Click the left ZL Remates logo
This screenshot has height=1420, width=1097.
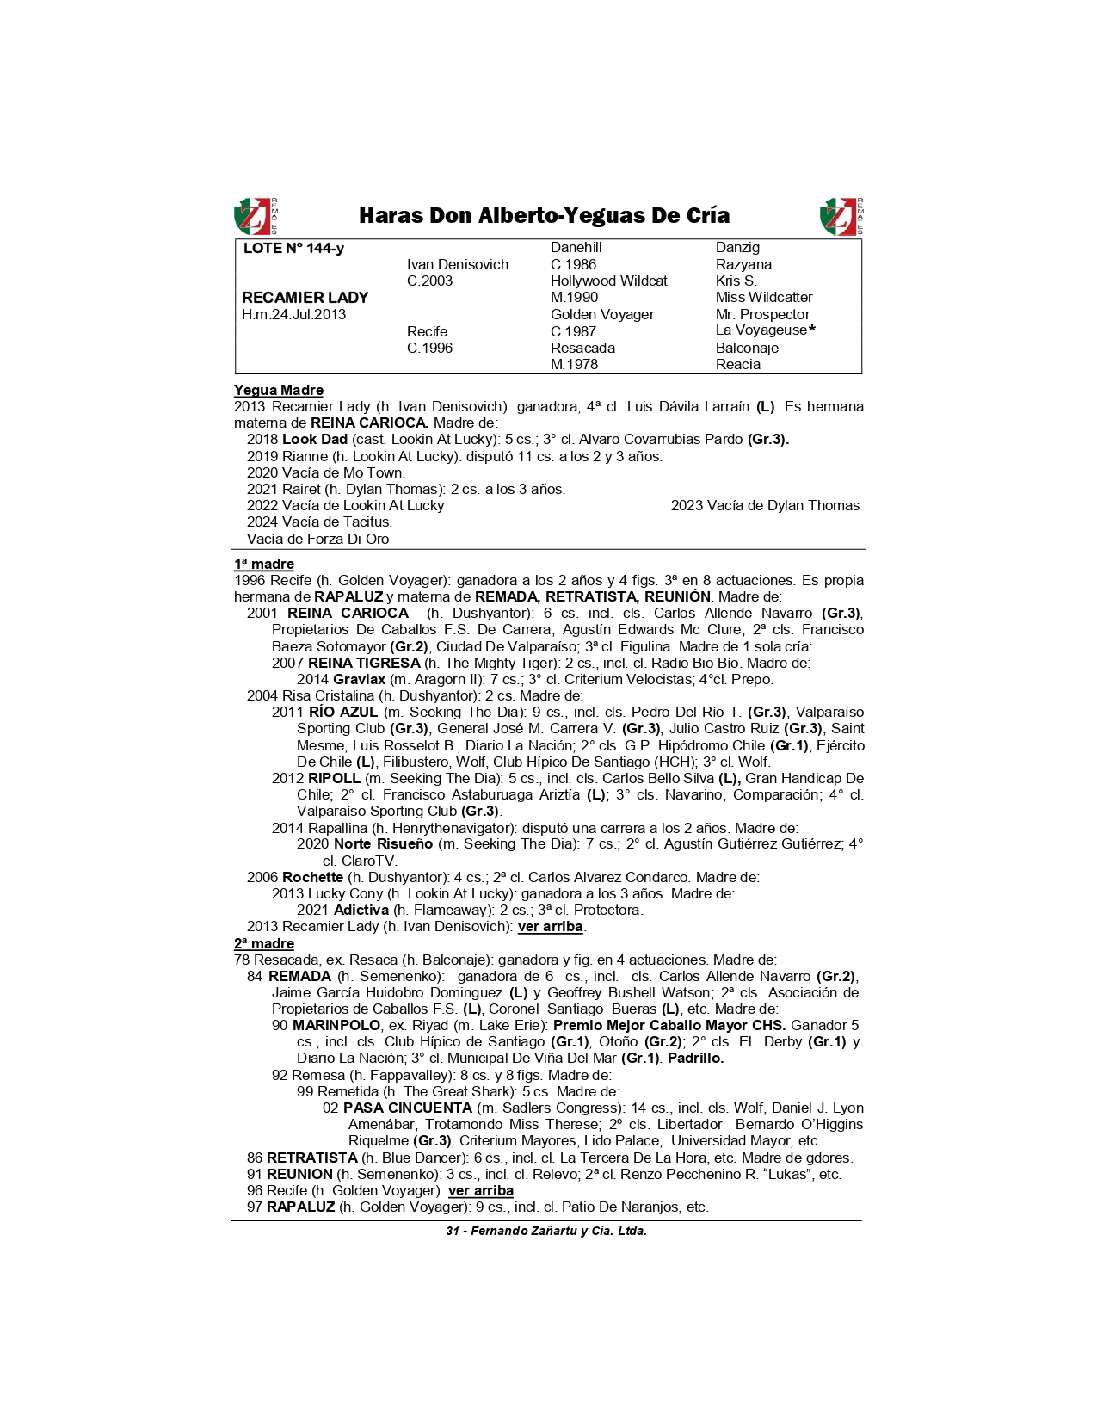click(255, 216)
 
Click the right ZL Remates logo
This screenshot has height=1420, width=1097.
click(841, 216)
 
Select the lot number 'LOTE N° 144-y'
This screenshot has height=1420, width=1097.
click(293, 249)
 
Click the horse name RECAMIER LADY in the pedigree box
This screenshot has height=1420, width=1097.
click(305, 298)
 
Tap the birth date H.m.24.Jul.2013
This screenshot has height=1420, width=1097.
click(293, 315)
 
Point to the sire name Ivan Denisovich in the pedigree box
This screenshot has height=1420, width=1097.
click(457, 265)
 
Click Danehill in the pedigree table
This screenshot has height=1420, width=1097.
click(576, 248)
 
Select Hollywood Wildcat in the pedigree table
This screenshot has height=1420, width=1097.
click(608, 281)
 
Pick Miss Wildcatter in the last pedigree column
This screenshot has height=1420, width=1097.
click(763, 298)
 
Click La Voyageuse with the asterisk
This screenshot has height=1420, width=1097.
click(764, 330)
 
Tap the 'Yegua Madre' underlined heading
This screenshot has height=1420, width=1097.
click(278, 391)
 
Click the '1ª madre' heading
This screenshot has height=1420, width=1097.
click(263, 565)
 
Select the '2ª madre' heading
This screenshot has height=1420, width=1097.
click(263, 944)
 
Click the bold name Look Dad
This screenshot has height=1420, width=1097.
click(314, 440)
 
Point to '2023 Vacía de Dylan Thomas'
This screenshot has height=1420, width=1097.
click(765, 506)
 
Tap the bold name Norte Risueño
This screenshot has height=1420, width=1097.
click(383, 844)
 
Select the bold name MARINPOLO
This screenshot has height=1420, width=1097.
click(336, 1026)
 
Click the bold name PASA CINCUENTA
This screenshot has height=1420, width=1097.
click(407, 1108)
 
